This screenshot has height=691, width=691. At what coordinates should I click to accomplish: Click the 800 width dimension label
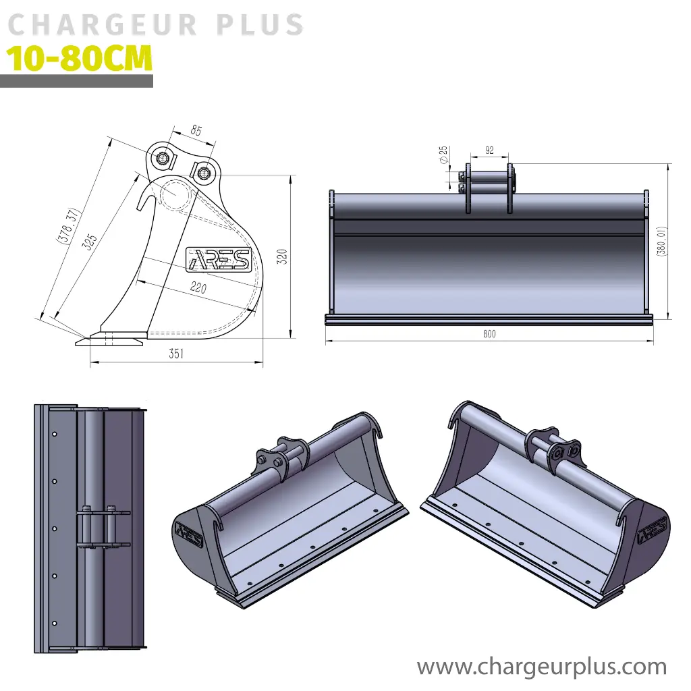click(489, 333)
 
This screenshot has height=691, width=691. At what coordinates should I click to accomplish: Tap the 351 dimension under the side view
click(176, 354)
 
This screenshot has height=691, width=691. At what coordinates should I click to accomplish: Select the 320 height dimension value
click(284, 256)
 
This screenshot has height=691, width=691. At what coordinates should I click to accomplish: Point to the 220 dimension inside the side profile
click(198, 287)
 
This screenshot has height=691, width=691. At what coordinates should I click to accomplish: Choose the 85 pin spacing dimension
click(196, 131)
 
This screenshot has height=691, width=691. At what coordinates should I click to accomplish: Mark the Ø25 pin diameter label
click(443, 155)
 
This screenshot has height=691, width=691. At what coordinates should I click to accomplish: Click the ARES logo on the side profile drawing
click(218, 259)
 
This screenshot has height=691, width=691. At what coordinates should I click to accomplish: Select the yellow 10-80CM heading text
click(80, 59)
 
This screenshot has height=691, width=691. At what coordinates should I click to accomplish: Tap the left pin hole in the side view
click(163, 159)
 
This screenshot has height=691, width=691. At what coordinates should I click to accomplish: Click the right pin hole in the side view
click(202, 171)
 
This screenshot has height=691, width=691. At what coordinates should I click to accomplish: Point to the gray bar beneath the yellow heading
click(76, 81)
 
